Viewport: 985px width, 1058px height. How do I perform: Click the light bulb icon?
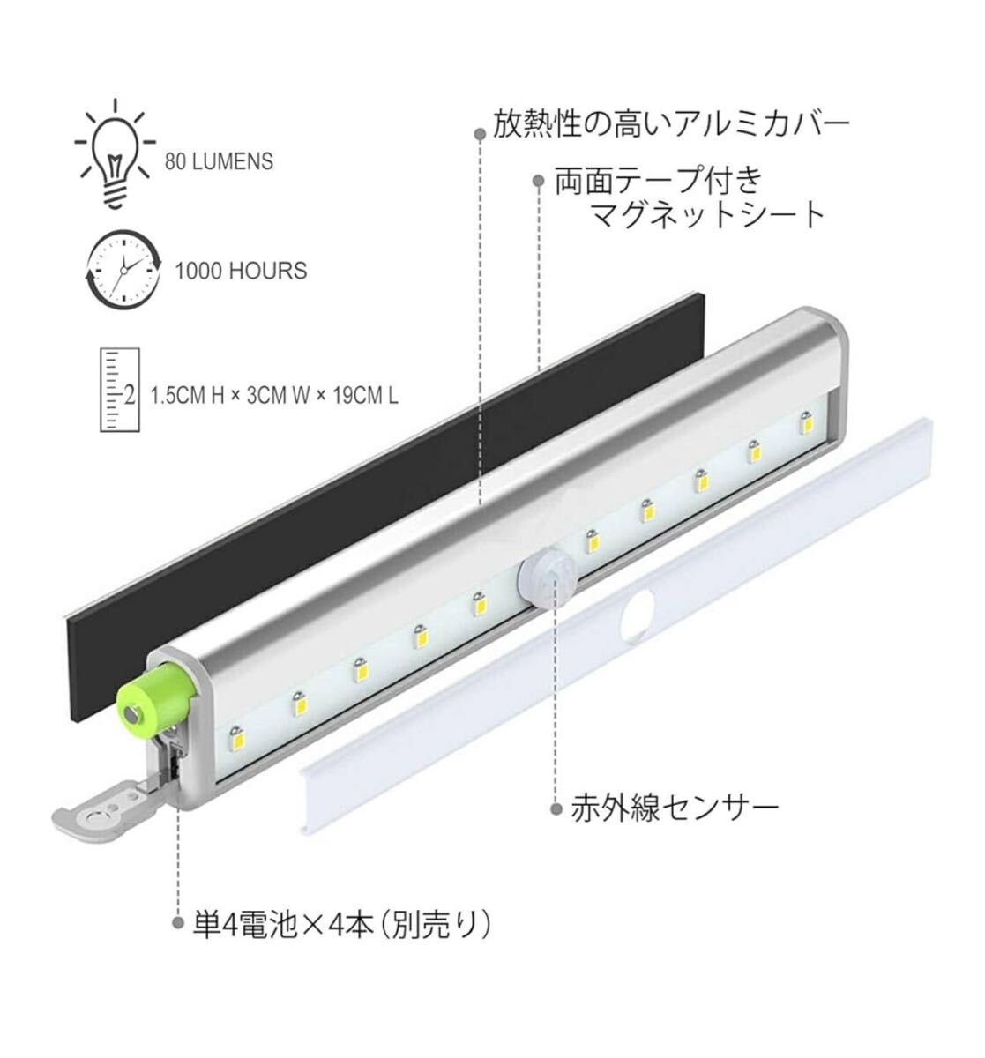116,153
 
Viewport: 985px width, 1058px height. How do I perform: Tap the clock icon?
123,270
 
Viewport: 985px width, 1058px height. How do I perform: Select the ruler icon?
120,391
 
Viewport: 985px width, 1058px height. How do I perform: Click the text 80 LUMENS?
219,161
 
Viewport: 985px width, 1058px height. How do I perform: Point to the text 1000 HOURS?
241,272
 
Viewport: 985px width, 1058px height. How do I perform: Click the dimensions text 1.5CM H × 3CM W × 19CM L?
274,396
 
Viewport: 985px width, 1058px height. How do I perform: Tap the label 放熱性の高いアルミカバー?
671,124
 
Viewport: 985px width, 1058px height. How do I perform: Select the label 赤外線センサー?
675,808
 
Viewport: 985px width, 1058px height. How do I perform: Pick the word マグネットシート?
708,215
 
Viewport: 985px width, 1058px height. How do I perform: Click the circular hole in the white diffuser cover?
638,615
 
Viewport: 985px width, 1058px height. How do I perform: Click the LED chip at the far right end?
806,422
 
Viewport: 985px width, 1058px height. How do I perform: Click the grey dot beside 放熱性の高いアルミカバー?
481,132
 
